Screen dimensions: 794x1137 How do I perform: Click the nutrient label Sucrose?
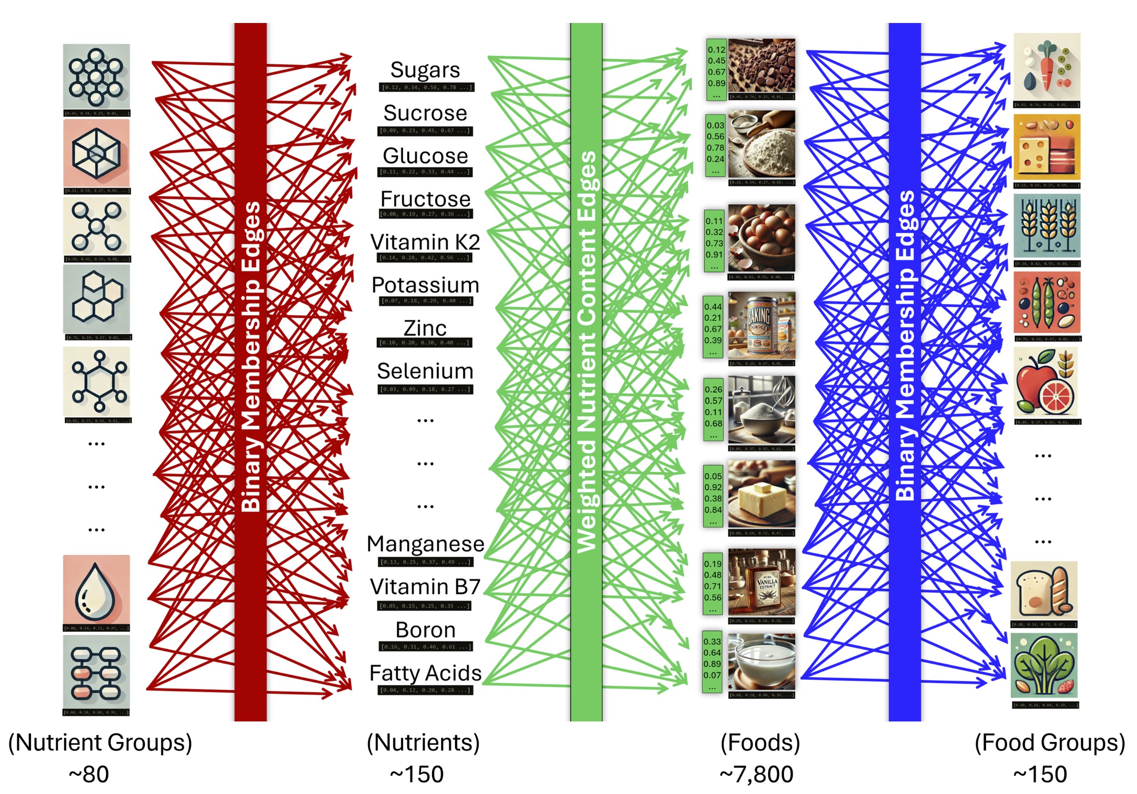[425, 114]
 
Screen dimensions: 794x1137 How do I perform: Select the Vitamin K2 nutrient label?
[425, 242]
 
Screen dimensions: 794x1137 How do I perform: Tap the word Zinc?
[425, 328]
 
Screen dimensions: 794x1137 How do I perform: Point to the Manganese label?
[425, 544]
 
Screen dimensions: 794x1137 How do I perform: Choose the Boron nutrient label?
[425, 630]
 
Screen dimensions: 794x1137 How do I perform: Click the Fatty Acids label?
[425, 673]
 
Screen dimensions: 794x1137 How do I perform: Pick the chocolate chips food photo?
[761, 66]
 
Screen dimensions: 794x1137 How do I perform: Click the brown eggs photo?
[761, 238]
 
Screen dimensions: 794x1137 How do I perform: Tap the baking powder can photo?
[761, 325]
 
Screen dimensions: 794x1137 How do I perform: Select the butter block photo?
[761, 494]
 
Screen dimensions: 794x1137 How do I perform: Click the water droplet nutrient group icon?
[96, 589]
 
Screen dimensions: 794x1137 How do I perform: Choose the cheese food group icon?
[1046, 147]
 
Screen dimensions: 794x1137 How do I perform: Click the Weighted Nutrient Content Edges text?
[587, 351]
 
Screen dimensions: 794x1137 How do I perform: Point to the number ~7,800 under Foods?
[756, 774]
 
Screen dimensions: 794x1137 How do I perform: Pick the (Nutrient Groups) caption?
[100, 742]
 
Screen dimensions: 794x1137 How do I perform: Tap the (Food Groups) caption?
[1049, 742]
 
